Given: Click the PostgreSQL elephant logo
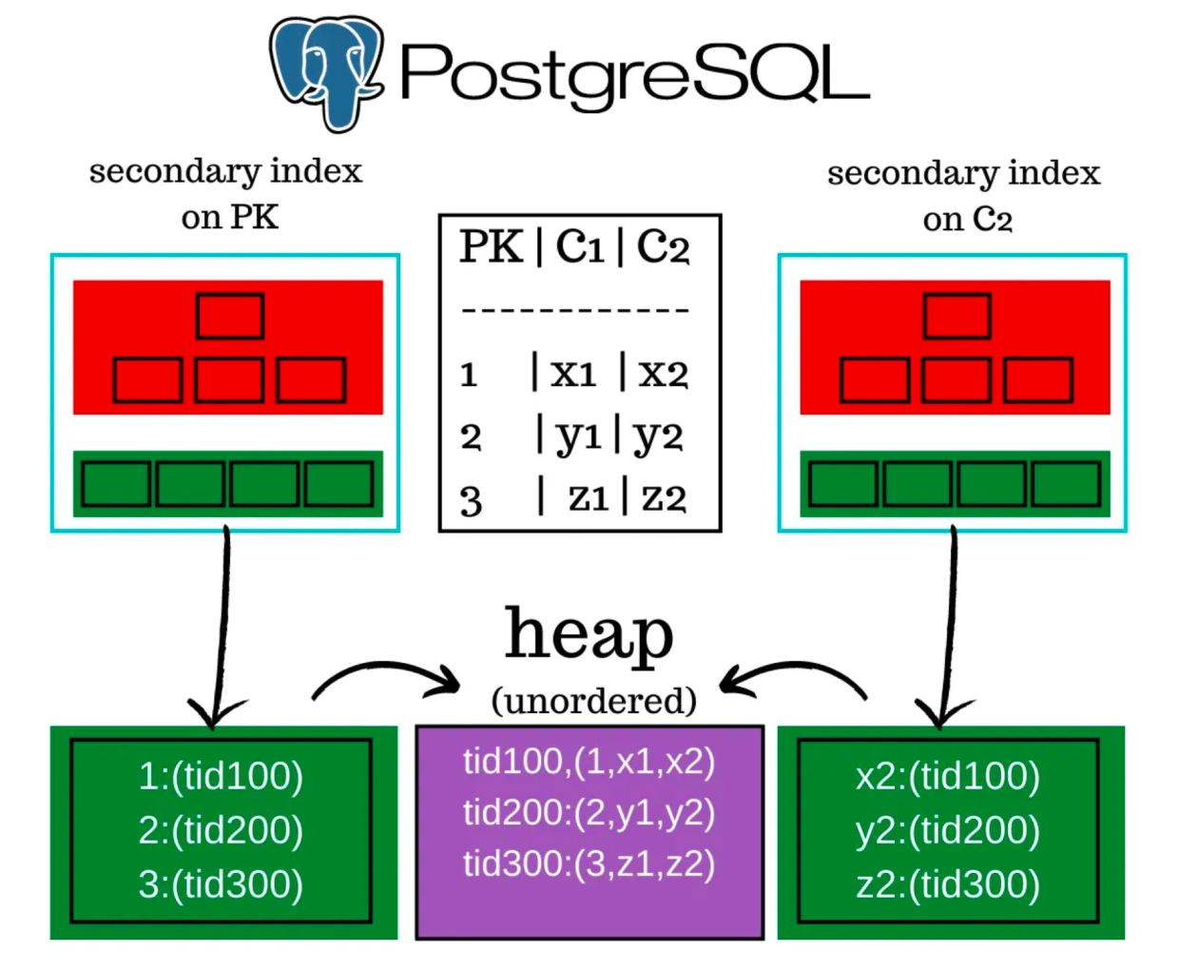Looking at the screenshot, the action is click(x=326, y=72).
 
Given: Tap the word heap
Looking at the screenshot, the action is click(x=589, y=634).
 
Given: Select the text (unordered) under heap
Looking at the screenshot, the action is click(x=593, y=700).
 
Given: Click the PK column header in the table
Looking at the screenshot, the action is click(x=491, y=246).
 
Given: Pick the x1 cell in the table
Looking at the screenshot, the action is click(x=573, y=373).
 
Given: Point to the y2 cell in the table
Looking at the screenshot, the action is click(x=658, y=437).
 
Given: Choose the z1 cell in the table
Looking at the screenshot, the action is click(x=589, y=497).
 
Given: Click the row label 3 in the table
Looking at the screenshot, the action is click(x=471, y=501).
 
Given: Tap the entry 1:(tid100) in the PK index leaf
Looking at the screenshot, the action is click(x=221, y=776).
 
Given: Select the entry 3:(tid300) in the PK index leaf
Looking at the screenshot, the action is click(x=221, y=883).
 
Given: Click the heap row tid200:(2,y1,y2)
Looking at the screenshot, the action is click(x=589, y=812).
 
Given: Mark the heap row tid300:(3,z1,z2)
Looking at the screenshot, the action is click(x=589, y=863).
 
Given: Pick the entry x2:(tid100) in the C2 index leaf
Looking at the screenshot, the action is click(x=948, y=776).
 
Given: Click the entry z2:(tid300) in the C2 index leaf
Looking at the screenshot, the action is click(x=948, y=883).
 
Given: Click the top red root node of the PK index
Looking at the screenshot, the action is click(x=230, y=316).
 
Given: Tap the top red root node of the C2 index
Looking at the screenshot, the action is click(x=957, y=316).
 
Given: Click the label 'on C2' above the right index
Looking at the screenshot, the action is click(x=967, y=219).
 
